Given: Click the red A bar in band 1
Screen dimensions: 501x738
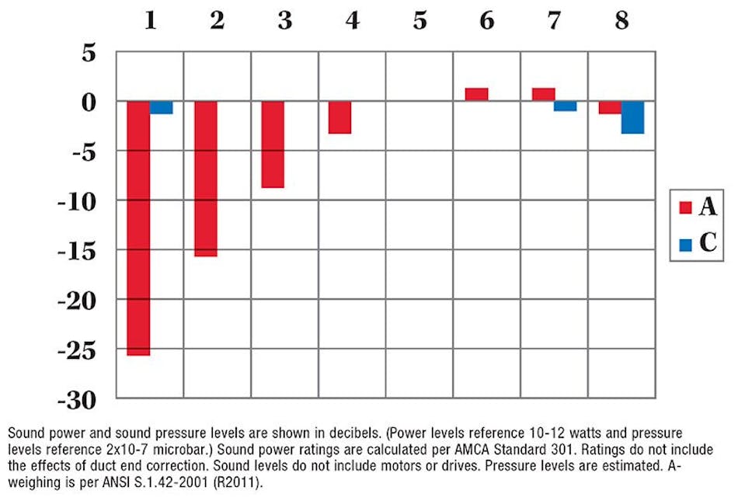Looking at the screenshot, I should [x=138, y=228].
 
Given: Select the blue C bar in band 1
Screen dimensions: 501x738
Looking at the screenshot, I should [x=161, y=107].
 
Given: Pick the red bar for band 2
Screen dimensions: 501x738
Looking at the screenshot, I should [x=205, y=179].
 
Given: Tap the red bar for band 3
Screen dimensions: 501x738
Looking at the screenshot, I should [x=273, y=144].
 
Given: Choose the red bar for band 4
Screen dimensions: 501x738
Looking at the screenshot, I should [x=340, y=117].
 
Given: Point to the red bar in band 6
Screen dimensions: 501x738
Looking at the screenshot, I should [x=476, y=95].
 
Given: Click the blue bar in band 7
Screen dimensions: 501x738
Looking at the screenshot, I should [x=566, y=106].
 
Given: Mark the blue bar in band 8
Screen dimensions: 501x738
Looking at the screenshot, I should [x=632, y=117].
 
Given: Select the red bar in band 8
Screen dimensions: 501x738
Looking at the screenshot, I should [x=610, y=107].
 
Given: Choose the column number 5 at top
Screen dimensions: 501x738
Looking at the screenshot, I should [x=419, y=21].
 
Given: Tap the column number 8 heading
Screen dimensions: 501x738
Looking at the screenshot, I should [x=621, y=21].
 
